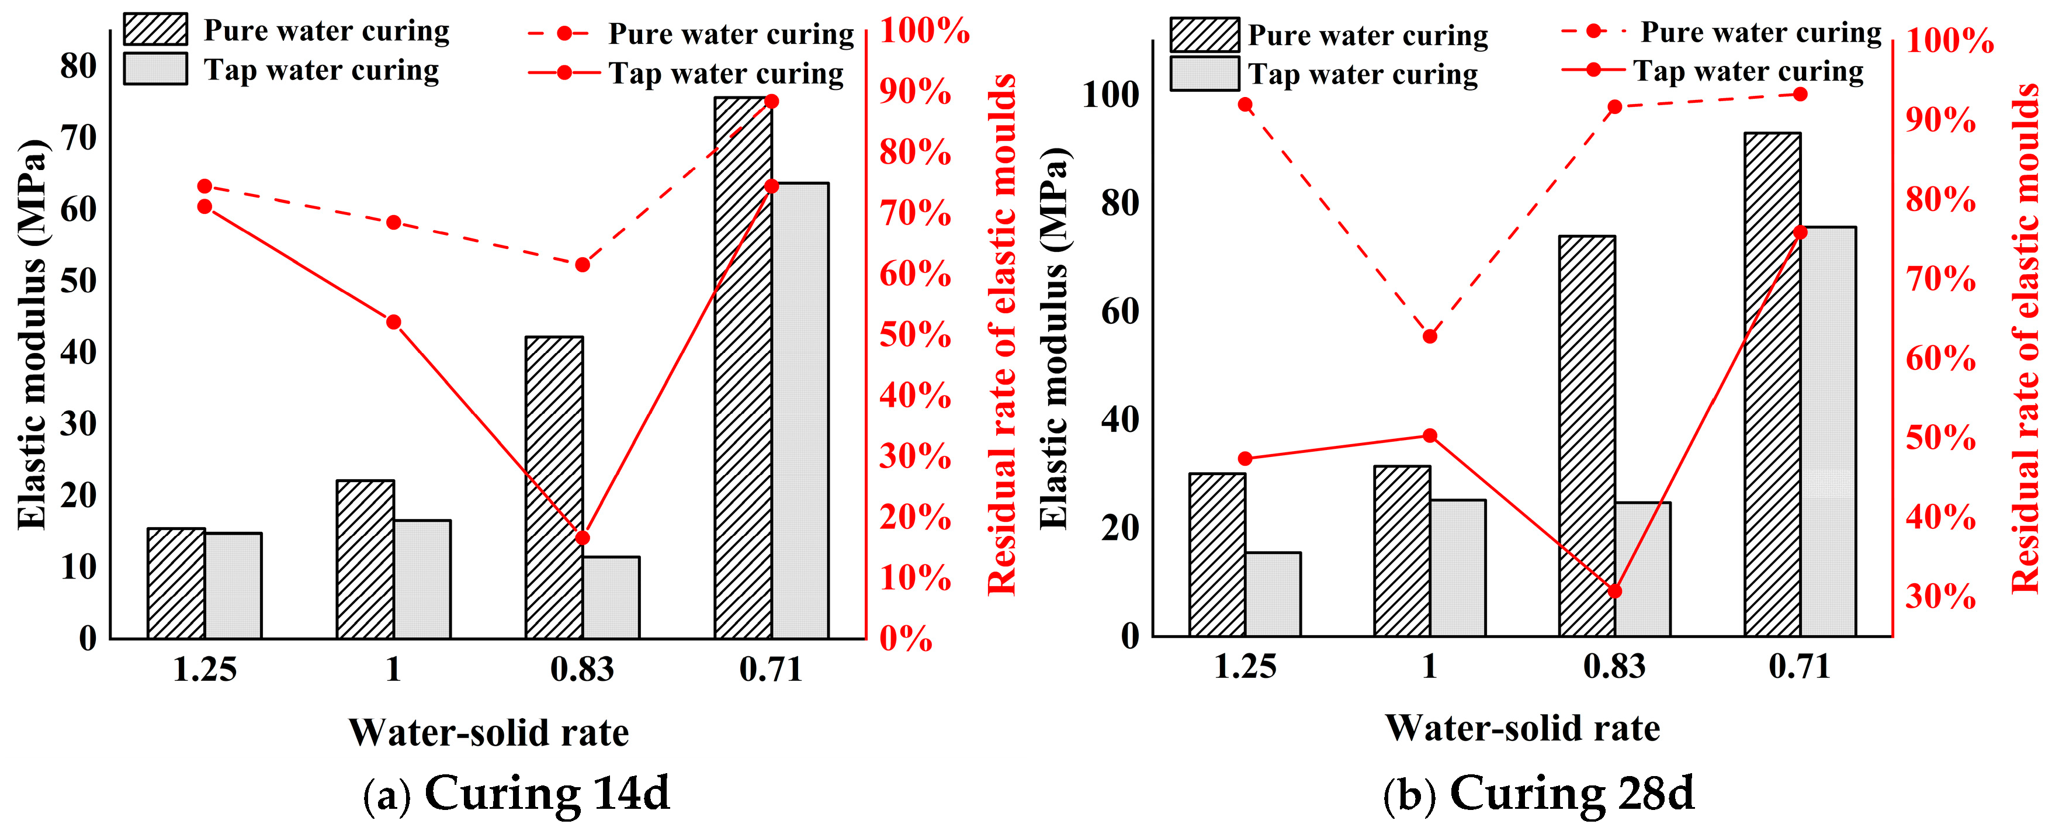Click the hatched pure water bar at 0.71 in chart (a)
[743, 366]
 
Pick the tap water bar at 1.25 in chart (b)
[1273, 594]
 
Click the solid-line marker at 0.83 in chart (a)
[583, 538]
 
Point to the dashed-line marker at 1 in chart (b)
[1430, 336]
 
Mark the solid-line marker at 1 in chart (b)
[1430, 436]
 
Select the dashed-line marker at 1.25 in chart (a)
[204, 186]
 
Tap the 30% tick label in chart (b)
[1940, 596]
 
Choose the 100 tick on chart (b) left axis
[1111, 94]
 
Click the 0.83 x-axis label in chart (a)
[583, 669]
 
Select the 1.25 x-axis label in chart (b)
[1245, 666]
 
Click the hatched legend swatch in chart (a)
[155, 29]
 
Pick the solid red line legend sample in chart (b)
[1593, 70]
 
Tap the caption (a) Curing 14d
[516, 793]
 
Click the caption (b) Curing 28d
[1538, 793]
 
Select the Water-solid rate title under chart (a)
[488, 732]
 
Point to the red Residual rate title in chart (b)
[2024, 338]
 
